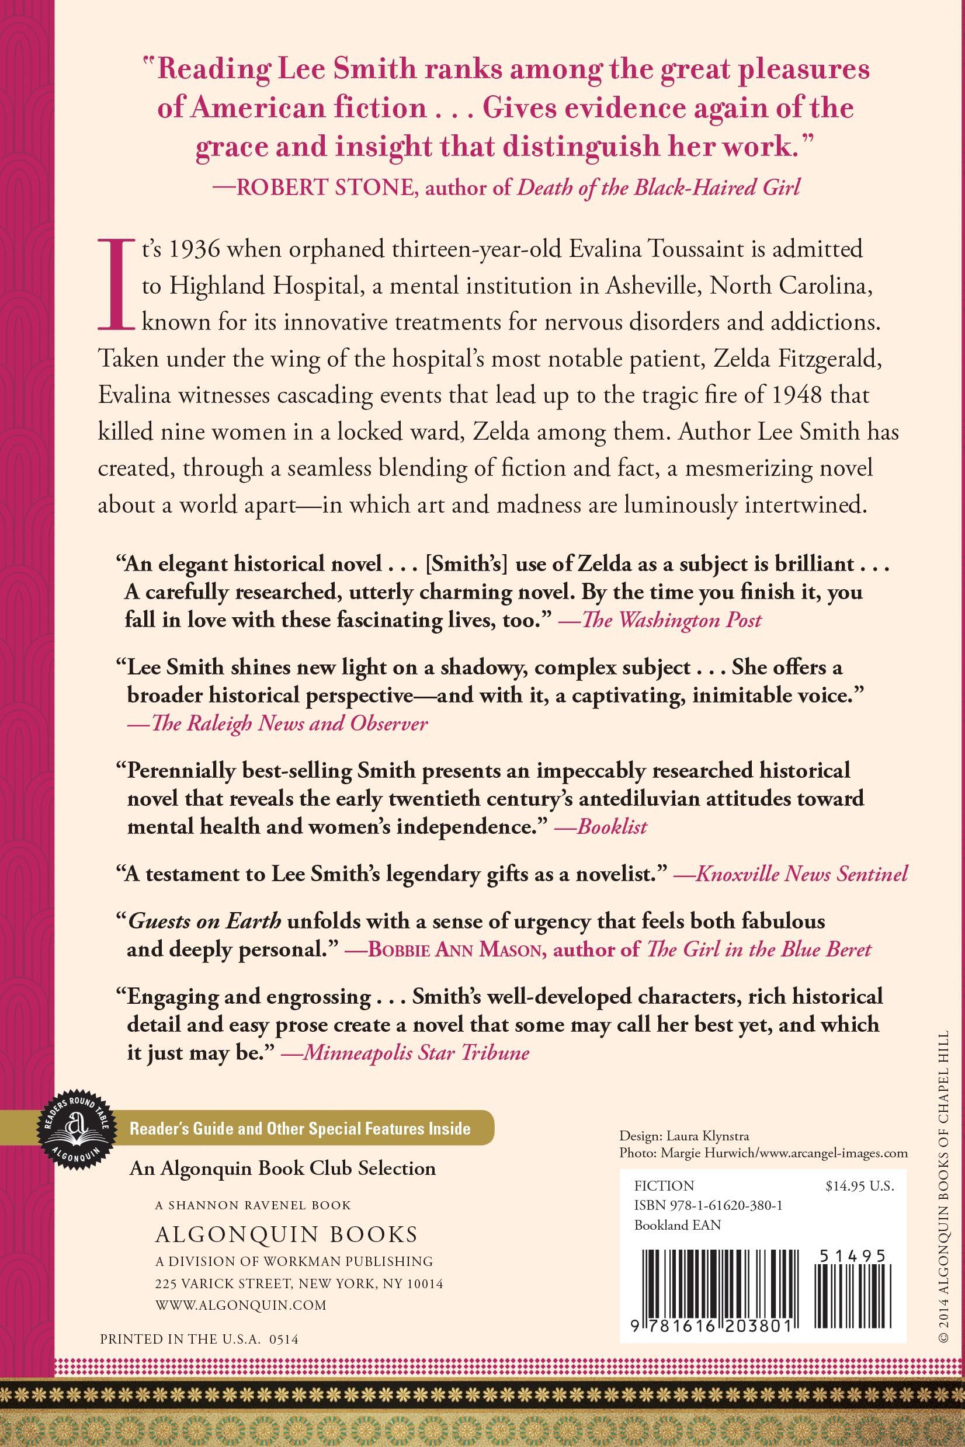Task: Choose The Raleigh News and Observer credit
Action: [277, 723]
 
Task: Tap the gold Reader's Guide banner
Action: [300, 1128]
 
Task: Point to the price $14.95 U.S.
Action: [859, 1186]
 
